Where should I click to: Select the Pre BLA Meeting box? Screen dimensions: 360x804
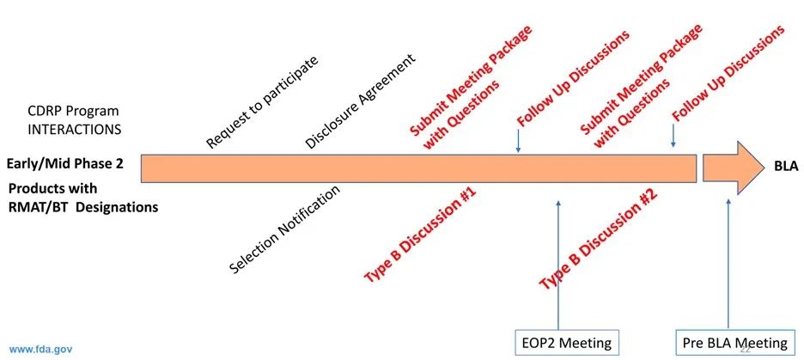pos(734,343)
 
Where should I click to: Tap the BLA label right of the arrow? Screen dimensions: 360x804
pos(786,167)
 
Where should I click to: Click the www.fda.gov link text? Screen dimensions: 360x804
pos(40,350)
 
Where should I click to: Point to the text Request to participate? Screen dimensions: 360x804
pos(262,102)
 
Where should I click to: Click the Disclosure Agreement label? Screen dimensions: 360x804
pos(360,101)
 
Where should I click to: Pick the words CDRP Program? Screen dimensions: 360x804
pos(72,112)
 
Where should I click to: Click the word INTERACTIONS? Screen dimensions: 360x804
pos(76,128)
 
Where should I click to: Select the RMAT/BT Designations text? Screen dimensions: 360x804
pos(84,206)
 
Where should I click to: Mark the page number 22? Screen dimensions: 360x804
pos(744,349)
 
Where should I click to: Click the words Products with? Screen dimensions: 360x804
pos(53,188)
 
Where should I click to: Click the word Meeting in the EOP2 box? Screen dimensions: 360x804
pos(584,343)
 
